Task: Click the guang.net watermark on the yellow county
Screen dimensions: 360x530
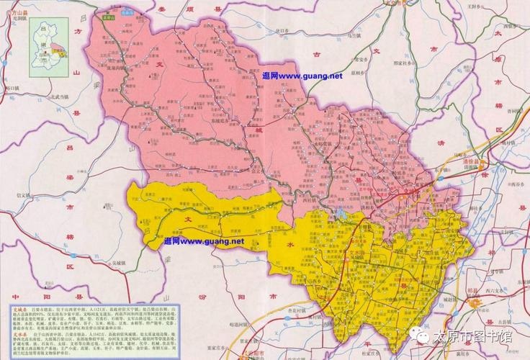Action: tap(204, 240)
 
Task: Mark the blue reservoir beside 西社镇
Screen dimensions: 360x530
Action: tap(341, 213)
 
